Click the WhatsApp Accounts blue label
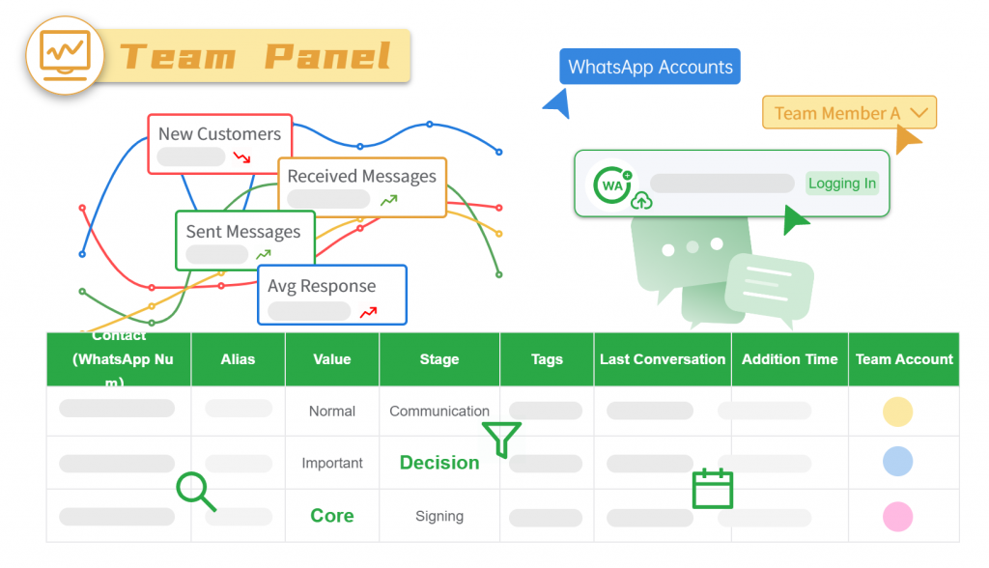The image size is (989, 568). click(x=650, y=68)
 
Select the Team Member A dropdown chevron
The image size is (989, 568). click(x=919, y=113)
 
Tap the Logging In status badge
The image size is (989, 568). click(x=842, y=184)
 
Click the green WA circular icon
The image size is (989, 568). click(x=612, y=185)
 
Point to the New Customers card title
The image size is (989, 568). click(x=219, y=134)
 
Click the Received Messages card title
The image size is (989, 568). click(x=361, y=176)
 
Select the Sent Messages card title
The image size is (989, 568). click(x=243, y=232)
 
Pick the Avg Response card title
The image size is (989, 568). click(x=322, y=286)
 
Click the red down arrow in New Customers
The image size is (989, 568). click(x=242, y=156)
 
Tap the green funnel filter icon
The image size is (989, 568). click(x=502, y=439)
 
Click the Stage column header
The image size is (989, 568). click(x=439, y=359)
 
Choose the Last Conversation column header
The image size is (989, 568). click(x=663, y=359)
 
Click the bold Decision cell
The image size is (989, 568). click(x=439, y=463)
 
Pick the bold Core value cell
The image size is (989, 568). click(x=332, y=516)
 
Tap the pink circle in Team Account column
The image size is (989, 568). click(x=897, y=516)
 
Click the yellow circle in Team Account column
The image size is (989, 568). click(x=897, y=412)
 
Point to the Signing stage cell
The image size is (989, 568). click(x=439, y=516)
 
